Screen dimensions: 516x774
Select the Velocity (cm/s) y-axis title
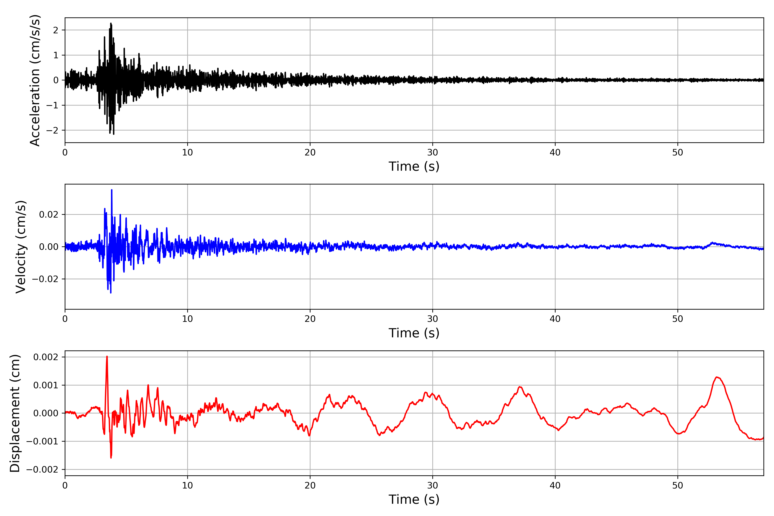pyautogui.click(x=21, y=247)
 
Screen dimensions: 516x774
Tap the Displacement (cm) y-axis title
pyautogui.click(x=15, y=413)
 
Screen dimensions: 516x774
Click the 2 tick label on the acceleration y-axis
pyautogui.click(x=56, y=30)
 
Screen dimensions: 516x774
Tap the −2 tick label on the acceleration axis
pyautogui.click(x=52, y=130)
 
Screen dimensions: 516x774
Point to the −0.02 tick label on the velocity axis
pyautogui.click(x=45, y=279)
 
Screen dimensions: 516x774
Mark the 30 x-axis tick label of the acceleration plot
pyautogui.click(x=432, y=153)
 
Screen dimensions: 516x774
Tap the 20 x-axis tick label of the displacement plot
pyautogui.click(x=310, y=485)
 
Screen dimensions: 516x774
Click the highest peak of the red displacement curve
pyautogui.click(x=107, y=357)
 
